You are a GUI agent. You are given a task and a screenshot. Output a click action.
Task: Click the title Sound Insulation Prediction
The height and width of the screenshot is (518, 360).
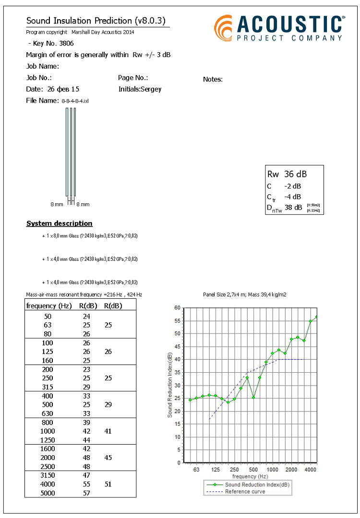97,21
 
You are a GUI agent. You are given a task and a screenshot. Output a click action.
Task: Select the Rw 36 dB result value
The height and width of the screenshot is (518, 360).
287,174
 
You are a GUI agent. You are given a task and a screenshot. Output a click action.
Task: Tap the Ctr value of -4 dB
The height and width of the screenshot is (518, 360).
292,197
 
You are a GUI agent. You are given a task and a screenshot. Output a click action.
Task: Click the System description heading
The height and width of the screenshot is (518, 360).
59,224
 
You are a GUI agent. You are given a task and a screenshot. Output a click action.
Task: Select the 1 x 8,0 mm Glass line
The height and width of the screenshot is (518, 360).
90,235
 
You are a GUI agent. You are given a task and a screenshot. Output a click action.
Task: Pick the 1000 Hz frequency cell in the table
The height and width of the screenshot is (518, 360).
48,431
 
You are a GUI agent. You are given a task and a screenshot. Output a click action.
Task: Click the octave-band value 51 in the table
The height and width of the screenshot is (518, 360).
108,484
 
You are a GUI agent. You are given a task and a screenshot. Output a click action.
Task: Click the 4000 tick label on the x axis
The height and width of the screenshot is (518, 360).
311,470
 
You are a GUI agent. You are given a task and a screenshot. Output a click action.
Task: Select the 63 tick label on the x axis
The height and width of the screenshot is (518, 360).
196,470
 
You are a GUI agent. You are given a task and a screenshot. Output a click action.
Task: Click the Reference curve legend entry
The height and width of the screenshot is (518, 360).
245,492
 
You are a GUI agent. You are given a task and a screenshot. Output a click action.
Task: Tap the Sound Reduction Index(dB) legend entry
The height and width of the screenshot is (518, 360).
257,485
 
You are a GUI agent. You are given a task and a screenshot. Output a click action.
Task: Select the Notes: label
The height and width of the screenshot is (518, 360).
213,79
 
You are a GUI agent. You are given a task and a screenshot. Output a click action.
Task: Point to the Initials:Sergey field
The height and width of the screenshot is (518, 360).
140,89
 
